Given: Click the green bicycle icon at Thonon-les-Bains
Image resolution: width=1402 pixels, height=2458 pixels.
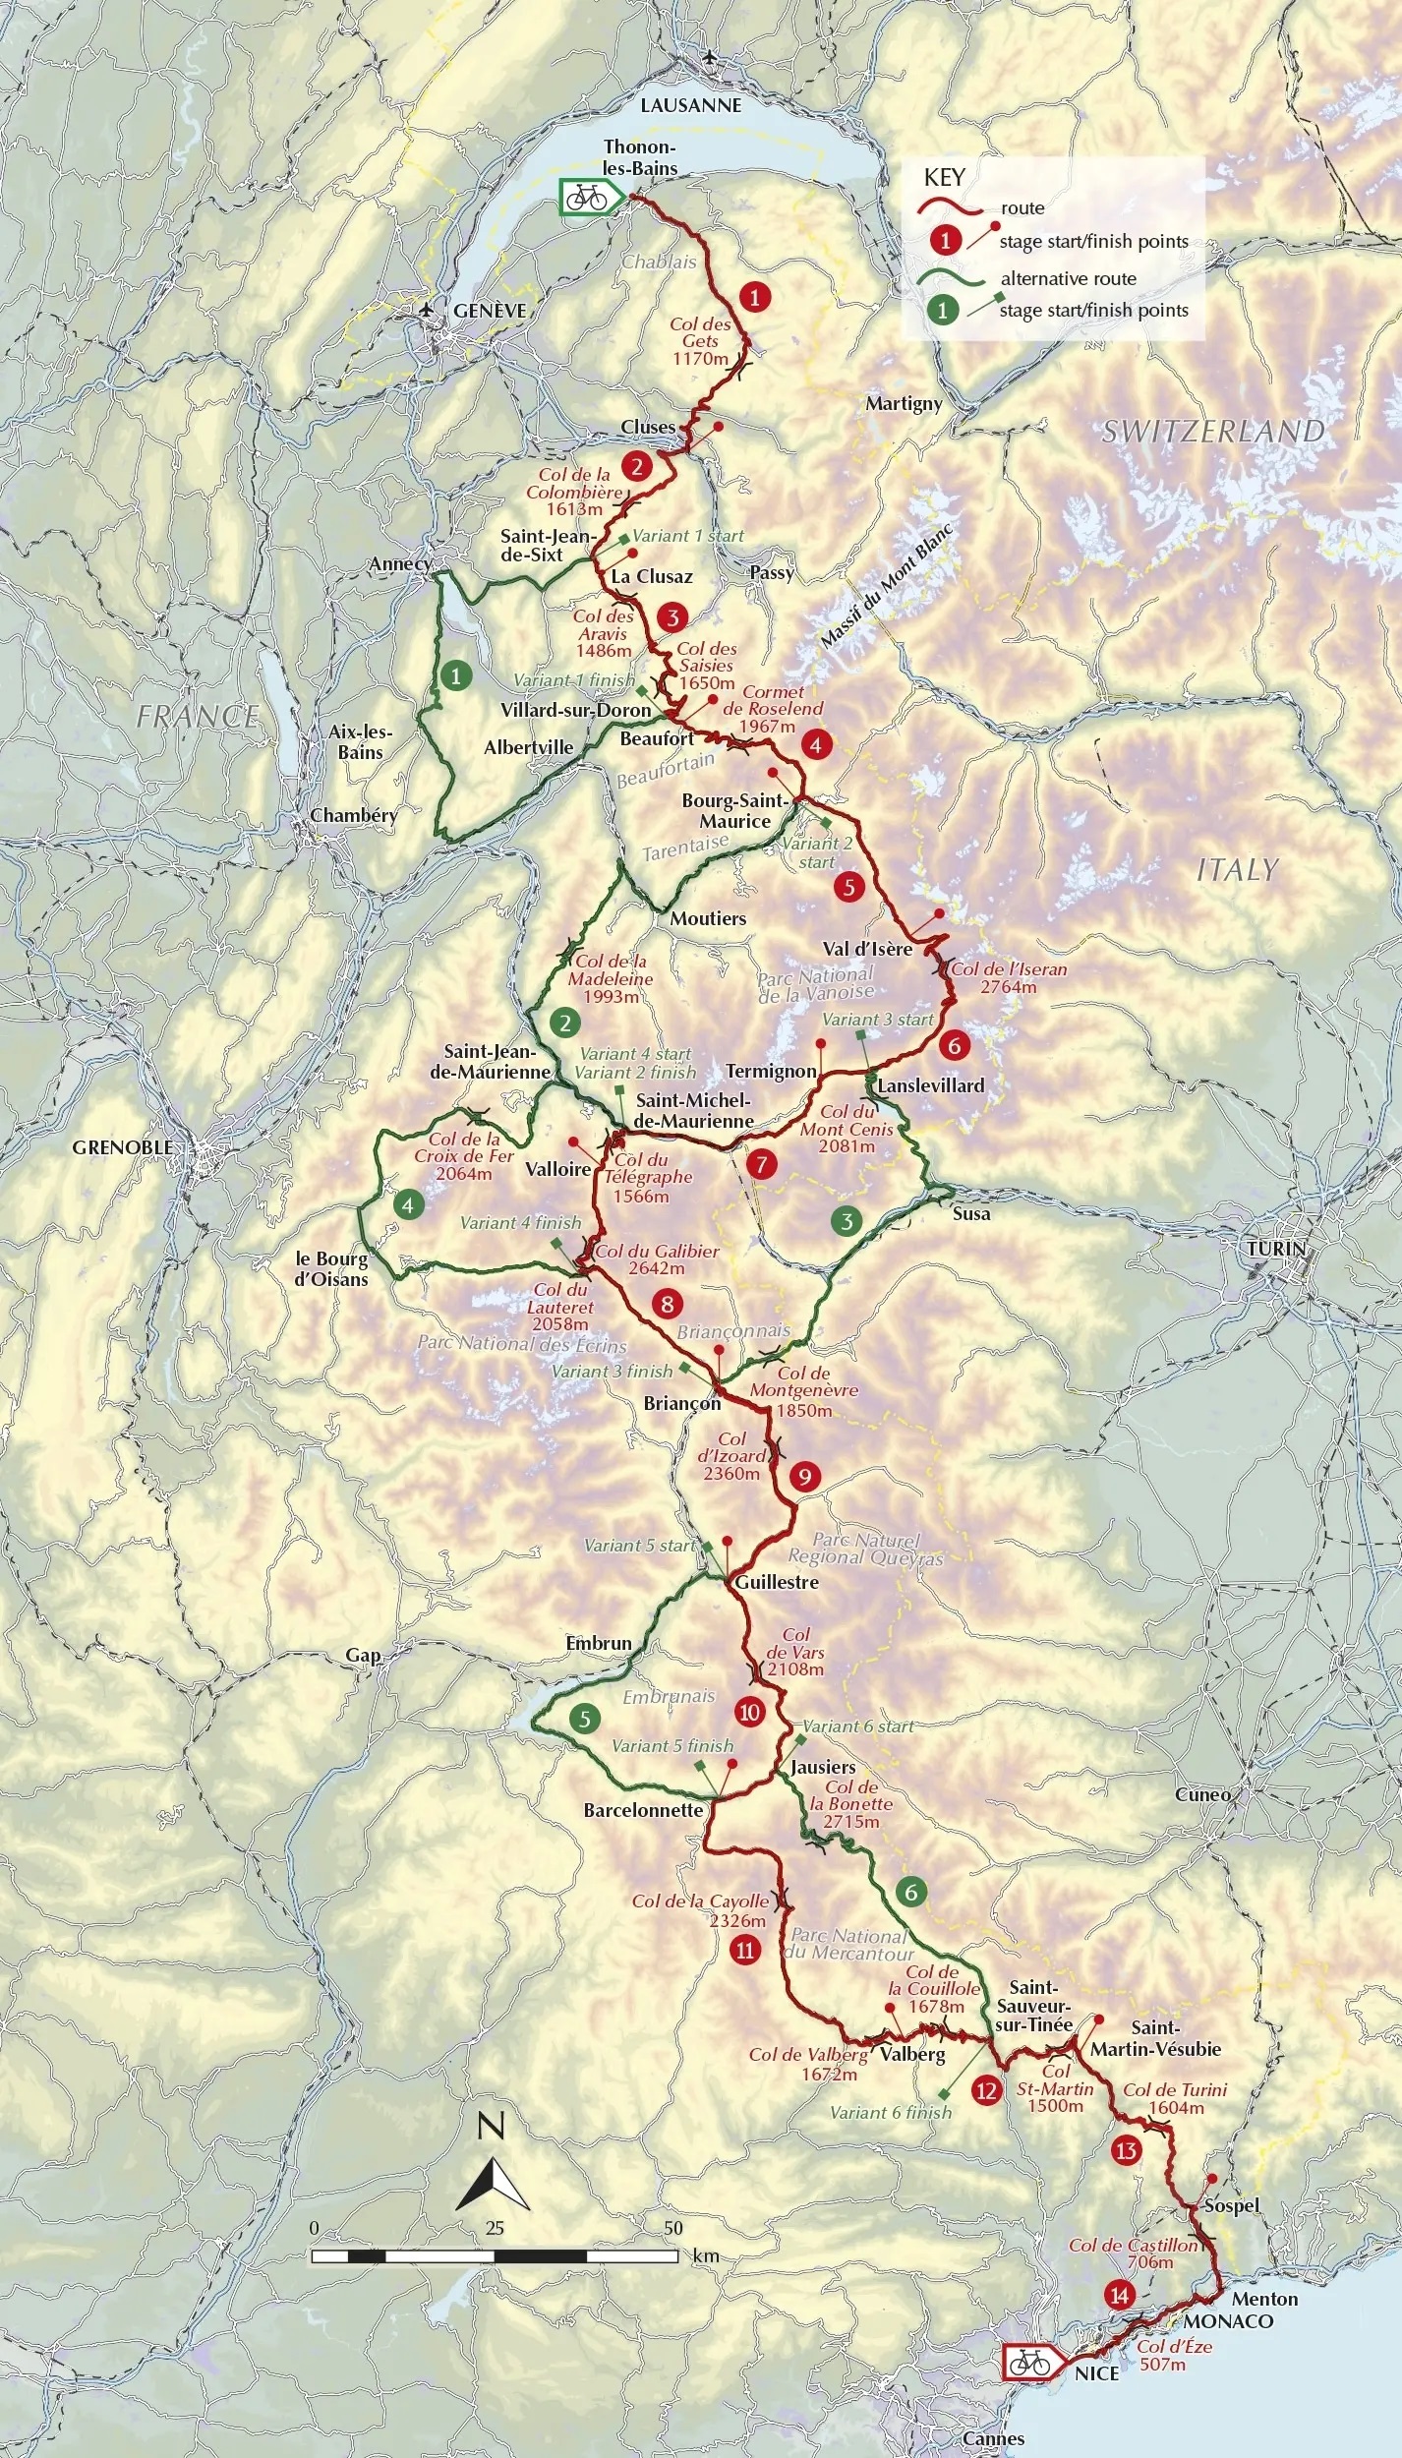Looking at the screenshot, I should pyautogui.click(x=588, y=198).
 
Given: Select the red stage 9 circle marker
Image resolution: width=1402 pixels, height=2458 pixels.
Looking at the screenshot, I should pyautogui.click(x=804, y=1476).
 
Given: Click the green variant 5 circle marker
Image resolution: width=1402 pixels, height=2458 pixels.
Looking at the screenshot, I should pyautogui.click(x=584, y=1718).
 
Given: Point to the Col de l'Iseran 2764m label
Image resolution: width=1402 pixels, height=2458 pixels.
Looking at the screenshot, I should pyautogui.click(x=1009, y=977).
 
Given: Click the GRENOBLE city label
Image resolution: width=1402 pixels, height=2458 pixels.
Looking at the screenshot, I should pyautogui.click(x=122, y=1147).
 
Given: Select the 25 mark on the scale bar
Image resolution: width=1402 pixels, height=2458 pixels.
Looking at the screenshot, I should pyautogui.click(x=495, y=2228).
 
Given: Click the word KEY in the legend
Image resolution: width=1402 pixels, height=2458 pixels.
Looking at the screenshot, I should pyautogui.click(x=944, y=178).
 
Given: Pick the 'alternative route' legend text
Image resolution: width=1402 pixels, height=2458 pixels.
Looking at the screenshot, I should pyautogui.click(x=1068, y=278).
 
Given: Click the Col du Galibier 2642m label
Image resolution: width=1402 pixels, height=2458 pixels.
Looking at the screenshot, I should pyautogui.click(x=657, y=1259).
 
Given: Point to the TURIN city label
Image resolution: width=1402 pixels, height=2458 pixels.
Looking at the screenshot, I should pyautogui.click(x=1276, y=1249).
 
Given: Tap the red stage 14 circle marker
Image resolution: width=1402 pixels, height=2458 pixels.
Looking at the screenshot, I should pyautogui.click(x=1119, y=2295).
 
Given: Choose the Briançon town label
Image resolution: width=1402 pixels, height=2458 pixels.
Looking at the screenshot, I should pyautogui.click(x=682, y=1403).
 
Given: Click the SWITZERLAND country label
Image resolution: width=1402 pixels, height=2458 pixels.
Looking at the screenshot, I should pyautogui.click(x=1212, y=431).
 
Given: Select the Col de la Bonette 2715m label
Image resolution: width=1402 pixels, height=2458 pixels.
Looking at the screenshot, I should pyautogui.click(x=851, y=1804).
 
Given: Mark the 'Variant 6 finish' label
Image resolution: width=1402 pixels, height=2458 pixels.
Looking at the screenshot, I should pyautogui.click(x=891, y=2112).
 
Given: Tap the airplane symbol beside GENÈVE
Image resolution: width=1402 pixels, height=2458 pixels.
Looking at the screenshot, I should pyautogui.click(x=427, y=310).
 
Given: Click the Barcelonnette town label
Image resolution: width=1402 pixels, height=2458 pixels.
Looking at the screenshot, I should pyautogui.click(x=643, y=1810).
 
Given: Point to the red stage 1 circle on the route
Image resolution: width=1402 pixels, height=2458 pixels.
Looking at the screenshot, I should pyautogui.click(x=754, y=296).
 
